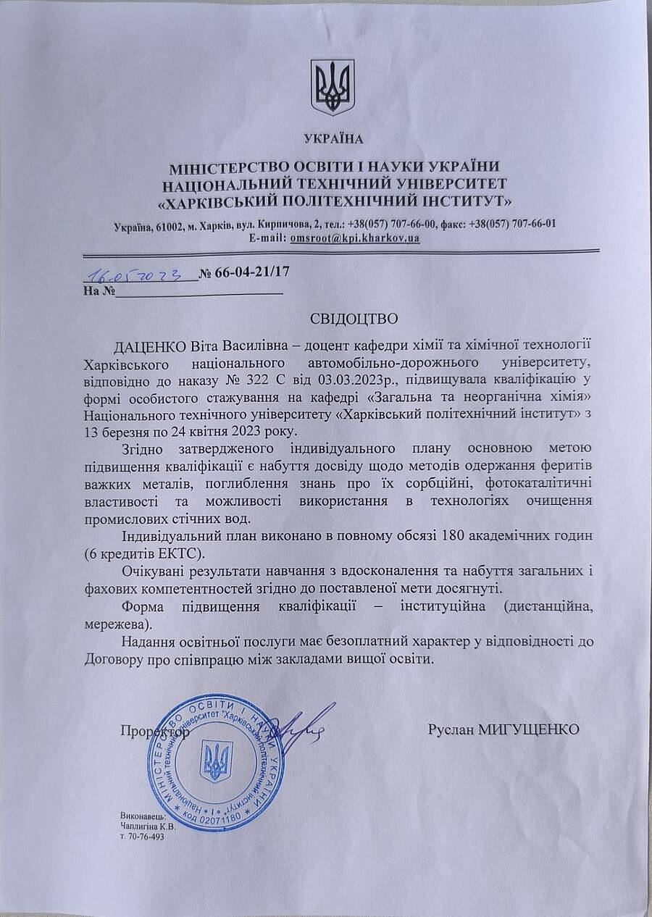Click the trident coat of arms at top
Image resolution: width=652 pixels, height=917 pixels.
(x=333, y=86)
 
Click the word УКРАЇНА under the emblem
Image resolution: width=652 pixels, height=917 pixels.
(x=333, y=138)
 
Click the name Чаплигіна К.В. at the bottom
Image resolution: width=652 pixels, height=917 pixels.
(x=149, y=826)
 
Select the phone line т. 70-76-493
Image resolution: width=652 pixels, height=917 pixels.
(x=143, y=836)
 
